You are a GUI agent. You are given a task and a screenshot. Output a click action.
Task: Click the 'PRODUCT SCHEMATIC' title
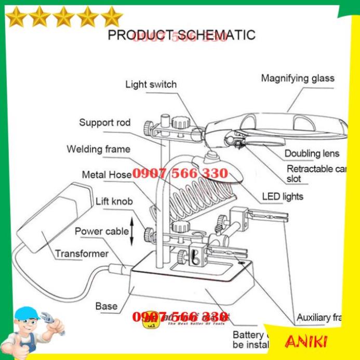click(x=181, y=35)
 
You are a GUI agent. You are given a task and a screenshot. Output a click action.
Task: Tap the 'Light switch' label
click(x=151, y=84)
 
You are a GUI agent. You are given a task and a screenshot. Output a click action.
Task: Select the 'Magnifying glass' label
click(x=298, y=78)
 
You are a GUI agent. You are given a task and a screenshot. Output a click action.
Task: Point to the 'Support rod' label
click(x=104, y=123)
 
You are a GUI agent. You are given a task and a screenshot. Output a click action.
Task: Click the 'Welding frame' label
click(x=98, y=149)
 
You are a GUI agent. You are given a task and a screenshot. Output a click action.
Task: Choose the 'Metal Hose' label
click(x=106, y=175)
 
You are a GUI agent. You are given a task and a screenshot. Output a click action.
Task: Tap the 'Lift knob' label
click(x=114, y=201)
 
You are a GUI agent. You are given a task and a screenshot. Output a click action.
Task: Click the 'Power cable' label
click(x=101, y=231)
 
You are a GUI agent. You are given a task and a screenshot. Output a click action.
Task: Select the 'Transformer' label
click(x=82, y=254)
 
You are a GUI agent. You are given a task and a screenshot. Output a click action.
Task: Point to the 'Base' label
click(x=106, y=306)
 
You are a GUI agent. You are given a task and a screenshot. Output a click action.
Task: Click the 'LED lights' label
click(x=283, y=196)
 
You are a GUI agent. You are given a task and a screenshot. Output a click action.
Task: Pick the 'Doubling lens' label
click(x=312, y=153)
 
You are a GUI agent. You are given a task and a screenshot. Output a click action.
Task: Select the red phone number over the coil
click(x=180, y=174)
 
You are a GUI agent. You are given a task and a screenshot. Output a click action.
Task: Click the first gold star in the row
click(x=17, y=17)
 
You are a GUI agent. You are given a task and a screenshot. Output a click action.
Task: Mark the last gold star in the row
click(x=111, y=17)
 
